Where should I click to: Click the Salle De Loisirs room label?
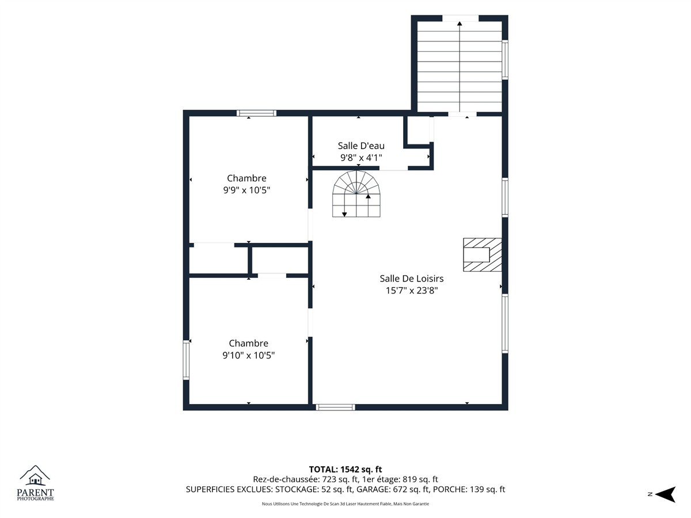point(412,279)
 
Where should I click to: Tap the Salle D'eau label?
point(361,146)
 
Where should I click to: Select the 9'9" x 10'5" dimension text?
point(246,190)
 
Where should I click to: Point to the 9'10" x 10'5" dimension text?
point(248,355)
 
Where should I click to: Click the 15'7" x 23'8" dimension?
point(412,290)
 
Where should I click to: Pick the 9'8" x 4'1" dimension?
point(361,158)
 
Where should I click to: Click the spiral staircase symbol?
point(356,194)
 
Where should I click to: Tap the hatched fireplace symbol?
point(483,255)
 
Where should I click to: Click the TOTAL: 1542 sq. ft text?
point(345,469)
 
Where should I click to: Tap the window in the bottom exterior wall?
point(336,407)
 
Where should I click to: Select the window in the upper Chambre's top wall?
point(257,113)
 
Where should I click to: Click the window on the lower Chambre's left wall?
point(186,360)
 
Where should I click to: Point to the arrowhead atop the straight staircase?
point(460,23)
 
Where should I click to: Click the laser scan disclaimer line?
point(345,504)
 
